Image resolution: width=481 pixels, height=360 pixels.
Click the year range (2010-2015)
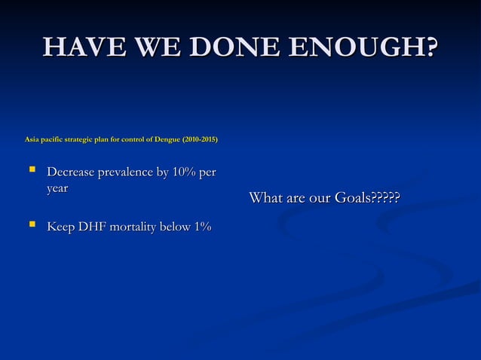click(x=201, y=139)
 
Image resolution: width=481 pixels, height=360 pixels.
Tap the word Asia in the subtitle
click(x=32, y=139)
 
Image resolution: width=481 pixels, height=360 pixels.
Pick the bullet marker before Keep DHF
click(x=32, y=224)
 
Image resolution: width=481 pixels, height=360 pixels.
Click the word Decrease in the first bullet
click(x=74, y=173)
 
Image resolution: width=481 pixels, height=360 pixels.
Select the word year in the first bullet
click(x=57, y=189)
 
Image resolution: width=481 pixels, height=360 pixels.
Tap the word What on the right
click(x=265, y=198)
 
